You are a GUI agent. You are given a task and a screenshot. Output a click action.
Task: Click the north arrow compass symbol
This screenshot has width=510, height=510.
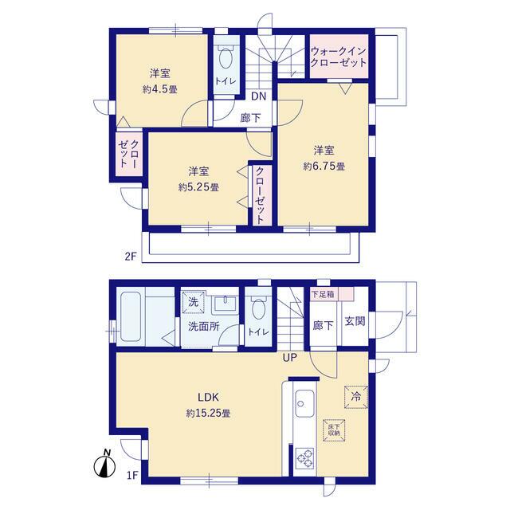105,464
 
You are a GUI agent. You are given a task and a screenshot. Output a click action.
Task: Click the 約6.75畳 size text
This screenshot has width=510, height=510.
323,167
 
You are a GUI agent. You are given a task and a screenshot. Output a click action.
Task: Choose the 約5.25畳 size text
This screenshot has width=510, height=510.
198,187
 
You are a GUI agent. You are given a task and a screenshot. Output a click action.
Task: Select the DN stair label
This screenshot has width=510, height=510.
258,96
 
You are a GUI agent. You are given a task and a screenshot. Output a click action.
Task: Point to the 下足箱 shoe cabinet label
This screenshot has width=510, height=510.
323,294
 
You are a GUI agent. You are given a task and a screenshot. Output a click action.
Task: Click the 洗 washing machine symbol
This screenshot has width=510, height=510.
194,302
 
